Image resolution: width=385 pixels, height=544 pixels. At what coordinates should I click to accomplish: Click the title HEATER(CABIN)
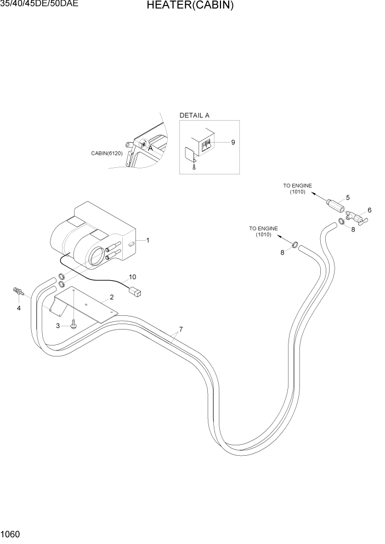(x=190, y=6)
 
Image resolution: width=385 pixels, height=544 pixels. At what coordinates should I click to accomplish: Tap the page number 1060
(x=11, y=533)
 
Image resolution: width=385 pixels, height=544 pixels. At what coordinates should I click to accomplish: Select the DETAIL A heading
(x=194, y=116)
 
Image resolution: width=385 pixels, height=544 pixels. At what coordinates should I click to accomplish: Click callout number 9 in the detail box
(x=233, y=142)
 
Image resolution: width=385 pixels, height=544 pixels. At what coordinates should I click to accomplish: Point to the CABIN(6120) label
(x=106, y=154)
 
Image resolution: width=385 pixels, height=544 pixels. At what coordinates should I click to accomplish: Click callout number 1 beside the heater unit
(x=148, y=240)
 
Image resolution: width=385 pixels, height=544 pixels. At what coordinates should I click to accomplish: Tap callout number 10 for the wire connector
(x=132, y=277)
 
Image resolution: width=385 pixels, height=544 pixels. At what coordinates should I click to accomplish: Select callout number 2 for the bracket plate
(x=111, y=297)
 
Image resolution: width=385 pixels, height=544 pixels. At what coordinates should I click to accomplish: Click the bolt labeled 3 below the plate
(x=75, y=325)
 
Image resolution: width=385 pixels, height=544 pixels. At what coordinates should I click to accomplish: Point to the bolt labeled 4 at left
(x=18, y=291)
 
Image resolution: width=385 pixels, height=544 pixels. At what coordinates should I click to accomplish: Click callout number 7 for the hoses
(x=180, y=329)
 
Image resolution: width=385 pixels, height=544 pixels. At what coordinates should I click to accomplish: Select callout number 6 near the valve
(x=369, y=210)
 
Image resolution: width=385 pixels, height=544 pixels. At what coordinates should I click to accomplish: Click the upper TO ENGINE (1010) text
(x=297, y=189)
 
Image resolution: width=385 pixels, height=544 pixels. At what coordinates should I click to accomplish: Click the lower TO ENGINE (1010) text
(x=263, y=231)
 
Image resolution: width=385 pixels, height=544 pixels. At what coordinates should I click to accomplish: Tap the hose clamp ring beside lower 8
(x=295, y=245)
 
